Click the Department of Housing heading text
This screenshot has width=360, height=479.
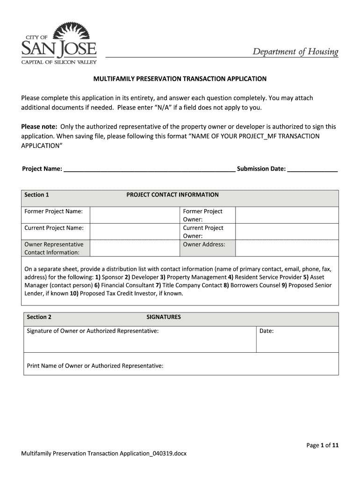(x=295, y=51)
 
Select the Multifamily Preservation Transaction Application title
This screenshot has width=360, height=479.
(x=180, y=79)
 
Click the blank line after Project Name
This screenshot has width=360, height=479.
(x=149, y=169)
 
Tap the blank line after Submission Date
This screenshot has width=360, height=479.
(x=312, y=169)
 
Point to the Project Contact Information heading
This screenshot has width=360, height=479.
(x=172, y=195)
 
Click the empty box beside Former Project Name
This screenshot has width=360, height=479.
(x=134, y=215)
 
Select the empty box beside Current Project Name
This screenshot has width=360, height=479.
(x=134, y=232)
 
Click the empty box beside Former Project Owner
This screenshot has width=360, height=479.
(x=286, y=215)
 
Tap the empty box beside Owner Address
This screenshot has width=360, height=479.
(x=286, y=248)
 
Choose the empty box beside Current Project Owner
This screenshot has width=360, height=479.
(x=286, y=232)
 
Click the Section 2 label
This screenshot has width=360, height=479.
(x=39, y=317)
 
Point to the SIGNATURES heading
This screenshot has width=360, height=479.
(x=164, y=317)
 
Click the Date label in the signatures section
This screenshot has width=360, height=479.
(x=266, y=331)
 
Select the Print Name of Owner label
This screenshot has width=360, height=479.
(x=95, y=366)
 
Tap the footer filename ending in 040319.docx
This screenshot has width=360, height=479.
(x=104, y=454)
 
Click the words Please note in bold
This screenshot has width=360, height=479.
(x=39, y=127)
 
